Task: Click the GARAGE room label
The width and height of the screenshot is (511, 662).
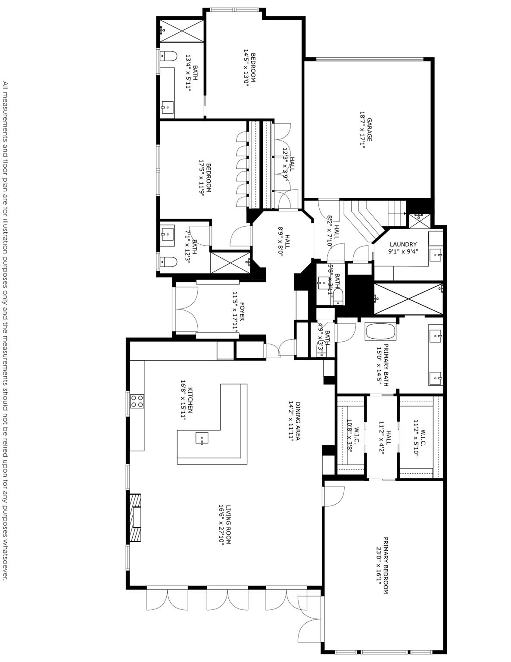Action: click(369, 130)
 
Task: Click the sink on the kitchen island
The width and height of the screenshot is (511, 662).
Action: click(202, 438)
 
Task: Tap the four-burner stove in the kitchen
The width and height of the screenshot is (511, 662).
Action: click(137, 401)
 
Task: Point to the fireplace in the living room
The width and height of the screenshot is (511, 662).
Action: click(136, 517)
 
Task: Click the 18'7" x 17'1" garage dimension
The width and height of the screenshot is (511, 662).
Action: click(362, 130)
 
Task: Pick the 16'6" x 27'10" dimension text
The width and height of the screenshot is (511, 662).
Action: click(221, 525)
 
